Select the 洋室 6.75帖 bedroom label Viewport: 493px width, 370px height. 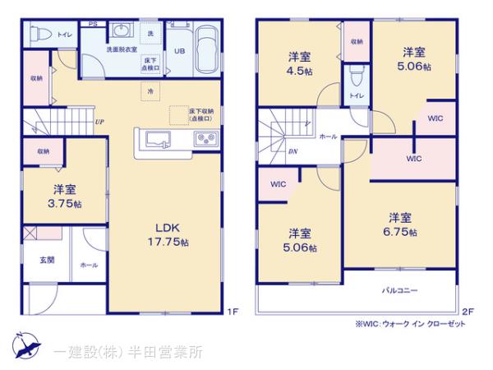(x=400, y=224)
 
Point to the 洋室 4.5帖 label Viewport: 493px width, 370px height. (x=298, y=63)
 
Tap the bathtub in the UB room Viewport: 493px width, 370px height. (x=205, y=50)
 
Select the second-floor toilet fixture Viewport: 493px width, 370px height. (x=355, y=79)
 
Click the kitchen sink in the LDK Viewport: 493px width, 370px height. (x=158, y=138)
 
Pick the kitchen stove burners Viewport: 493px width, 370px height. (x=203, y=138)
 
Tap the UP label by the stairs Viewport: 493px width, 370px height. (x=99, y=123)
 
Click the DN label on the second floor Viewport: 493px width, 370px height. (x=293, y=152)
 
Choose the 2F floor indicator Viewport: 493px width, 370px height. (x=468, y=310)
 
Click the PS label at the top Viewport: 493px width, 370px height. (x=93, y=25)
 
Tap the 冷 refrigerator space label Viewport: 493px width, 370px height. (x=150, y=93)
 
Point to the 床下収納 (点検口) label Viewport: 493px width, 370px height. (x=200, y=114)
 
